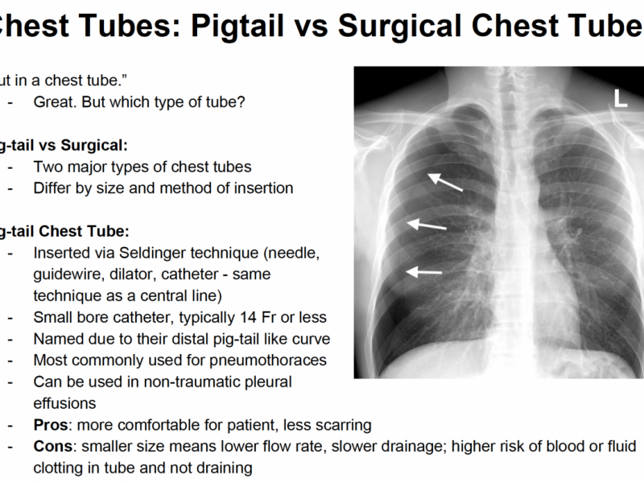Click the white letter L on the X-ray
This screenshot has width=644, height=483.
click(621, 99)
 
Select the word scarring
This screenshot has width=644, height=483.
click(342, 424)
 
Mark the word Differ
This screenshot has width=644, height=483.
click(54, 188)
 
